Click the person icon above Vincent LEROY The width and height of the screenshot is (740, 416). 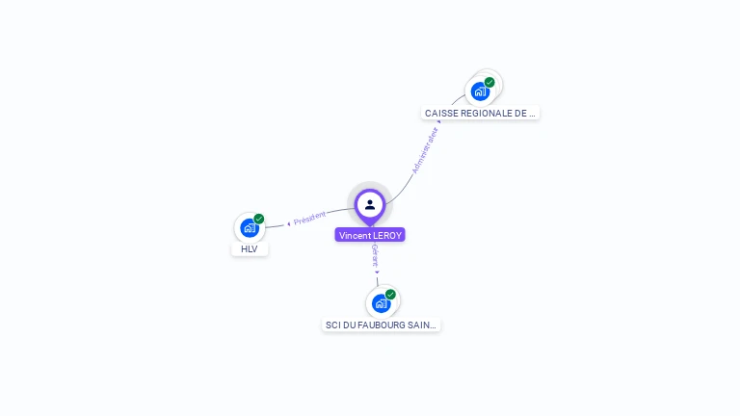click(x=370, y=204)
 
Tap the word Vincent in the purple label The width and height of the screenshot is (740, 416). click(x=355, y=235)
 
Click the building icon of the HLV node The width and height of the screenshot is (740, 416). click(x=249, y=228)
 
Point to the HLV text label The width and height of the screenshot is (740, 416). click(x=250, y=249)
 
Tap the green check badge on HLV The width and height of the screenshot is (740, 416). click(x=259, y=219)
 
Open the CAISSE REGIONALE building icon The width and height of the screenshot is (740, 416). click(x=479, y=91)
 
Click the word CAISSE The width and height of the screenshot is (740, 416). click(x=440, y=114)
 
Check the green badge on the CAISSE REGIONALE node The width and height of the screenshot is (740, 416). click(x=489, y=82)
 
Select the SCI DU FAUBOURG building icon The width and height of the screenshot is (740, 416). click(x=381, y=303)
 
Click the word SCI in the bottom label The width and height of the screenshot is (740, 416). click(x=333, y=325)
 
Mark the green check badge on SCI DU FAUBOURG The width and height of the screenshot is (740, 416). click(x=390, y=294)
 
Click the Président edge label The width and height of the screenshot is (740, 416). click(x=310, y=219)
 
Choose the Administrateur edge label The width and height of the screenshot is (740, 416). click(x=424, y=150)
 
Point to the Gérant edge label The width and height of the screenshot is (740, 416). click(x=375, y=255)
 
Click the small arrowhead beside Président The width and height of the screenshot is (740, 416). click(x=288, y=223)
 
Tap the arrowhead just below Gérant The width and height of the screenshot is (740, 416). click(x=377, y=273)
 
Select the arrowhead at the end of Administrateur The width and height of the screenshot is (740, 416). click(x=438, y=122)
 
